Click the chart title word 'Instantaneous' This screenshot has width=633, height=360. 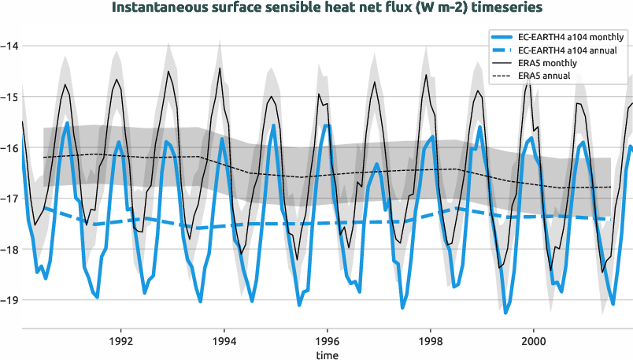[x=161, y=9]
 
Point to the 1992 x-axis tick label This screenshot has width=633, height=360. [x=120, y=342]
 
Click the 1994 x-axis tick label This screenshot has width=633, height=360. [x=224, y=342]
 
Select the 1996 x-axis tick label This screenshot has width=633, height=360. [x=328, y=342]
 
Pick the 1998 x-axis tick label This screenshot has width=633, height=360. [x=431, y=342]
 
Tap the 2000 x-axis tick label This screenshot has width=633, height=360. [x=534, y=342]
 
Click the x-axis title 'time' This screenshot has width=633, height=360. [x=328, y=354]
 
